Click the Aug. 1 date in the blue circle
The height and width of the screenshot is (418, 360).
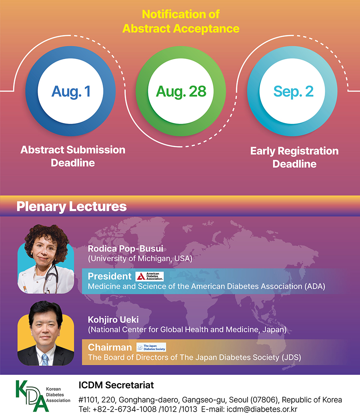pos(71,92)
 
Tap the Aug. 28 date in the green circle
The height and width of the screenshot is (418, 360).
pos(181,92)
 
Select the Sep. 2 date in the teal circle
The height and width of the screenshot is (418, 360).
pos(293,92)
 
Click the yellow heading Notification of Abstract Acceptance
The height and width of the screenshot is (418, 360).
pos(181,21)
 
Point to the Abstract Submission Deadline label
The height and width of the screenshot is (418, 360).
pos(73,156)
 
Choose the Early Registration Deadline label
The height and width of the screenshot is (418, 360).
pos(294,157)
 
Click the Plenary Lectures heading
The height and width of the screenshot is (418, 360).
pos(72,207)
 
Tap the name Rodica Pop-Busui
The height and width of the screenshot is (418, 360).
pos(126,249)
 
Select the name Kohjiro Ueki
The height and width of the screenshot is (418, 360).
pos(113,320)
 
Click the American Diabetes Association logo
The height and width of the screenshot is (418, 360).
pos(150,277)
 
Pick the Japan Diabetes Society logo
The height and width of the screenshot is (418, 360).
pos(151,347)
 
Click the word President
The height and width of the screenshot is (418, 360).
pos(110,277)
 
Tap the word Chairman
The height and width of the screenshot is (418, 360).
pos(110,347)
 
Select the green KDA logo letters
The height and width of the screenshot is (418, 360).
pos(32,396)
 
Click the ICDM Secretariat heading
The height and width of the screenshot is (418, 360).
pos(116,385)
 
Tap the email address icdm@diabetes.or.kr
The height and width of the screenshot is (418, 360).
pos(262,409)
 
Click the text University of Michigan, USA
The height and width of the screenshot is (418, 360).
pos(140,259)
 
